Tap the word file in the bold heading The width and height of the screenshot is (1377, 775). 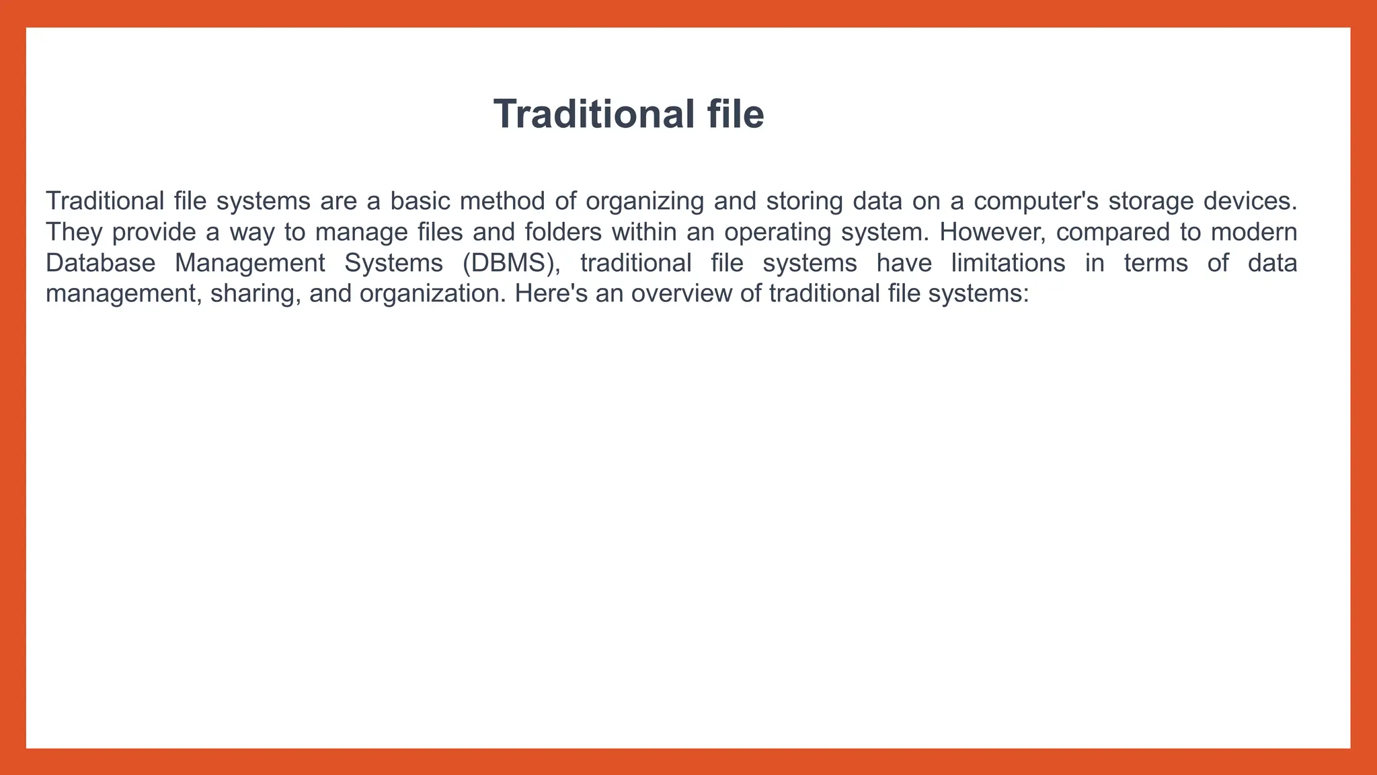tap(736, 114)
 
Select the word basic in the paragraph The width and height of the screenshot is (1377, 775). tap(420, 201)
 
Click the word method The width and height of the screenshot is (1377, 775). tap(502, 201)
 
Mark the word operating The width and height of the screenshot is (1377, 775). tap(777, 232)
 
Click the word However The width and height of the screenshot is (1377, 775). tap(992, 232)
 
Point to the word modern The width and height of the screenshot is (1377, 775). tap(1254, 232)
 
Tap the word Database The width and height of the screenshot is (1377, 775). tap(101, 263)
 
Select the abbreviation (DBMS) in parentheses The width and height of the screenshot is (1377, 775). tap(511, 263)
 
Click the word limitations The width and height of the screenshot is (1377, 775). tap(1008, 263)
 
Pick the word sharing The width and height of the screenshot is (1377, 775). tap(255, 294)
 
